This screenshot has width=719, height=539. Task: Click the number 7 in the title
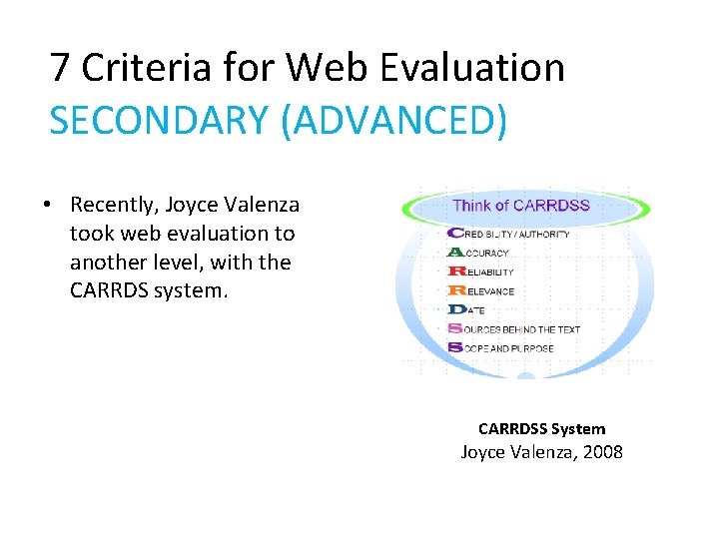click(x=60, y=68)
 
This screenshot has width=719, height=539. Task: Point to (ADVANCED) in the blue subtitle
click(x=394, y=121)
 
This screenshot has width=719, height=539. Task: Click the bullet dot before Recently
click(x=47, y=205)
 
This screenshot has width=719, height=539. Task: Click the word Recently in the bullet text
click(x=113, y=205)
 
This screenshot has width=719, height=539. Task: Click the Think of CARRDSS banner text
click(x=521, y=207)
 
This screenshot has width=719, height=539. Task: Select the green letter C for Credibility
click(x=454, y=234)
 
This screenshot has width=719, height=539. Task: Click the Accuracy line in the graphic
click(x=484, y=253)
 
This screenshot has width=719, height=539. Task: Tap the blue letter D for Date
click(x=454, y=309)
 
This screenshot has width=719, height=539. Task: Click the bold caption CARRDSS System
click(x=541, y=429)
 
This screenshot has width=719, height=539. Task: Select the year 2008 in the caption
click(x=603, y=452)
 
